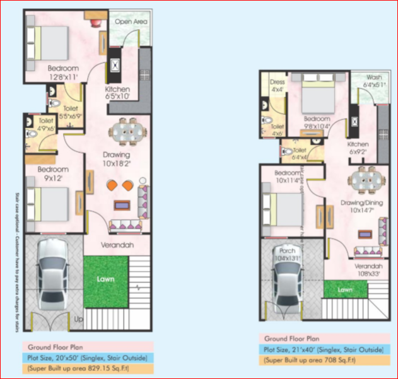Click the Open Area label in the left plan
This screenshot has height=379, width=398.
tap(131, 21)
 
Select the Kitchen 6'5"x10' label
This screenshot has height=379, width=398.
tap(117, 93)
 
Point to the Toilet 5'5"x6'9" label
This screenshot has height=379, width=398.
tap(71, 112)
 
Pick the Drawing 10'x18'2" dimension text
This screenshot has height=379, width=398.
tap(117, 159)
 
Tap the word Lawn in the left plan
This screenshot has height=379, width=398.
tap(105, 277)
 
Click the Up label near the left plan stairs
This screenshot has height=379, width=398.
tap(79, 320)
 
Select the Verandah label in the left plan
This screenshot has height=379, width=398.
tap(117, 245)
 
